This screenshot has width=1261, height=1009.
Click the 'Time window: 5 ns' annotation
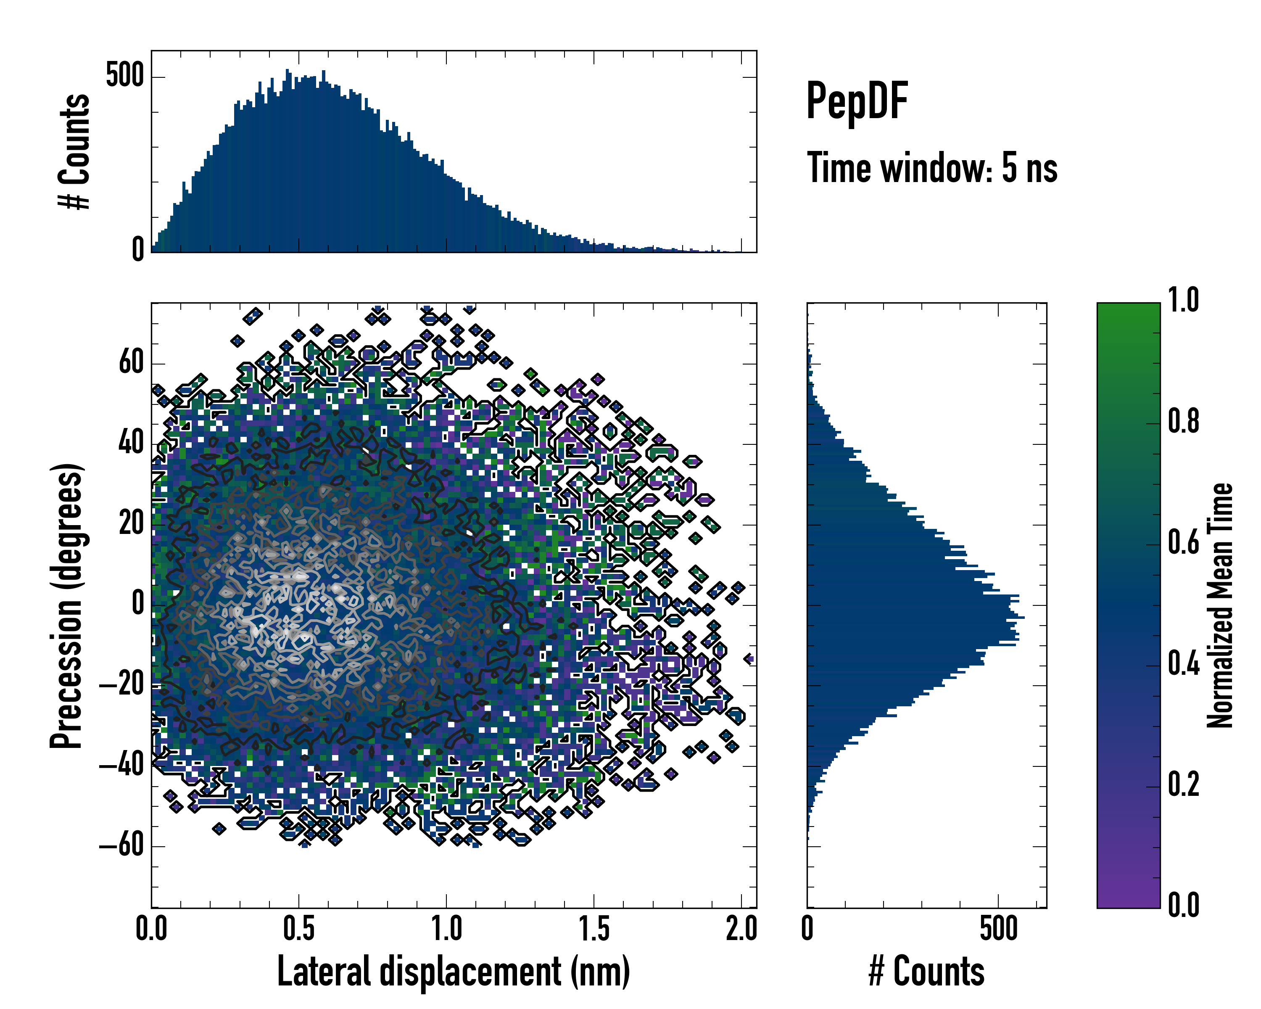click(x=932, y=168)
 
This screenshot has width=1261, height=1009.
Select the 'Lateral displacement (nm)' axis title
click(x=453, y=972)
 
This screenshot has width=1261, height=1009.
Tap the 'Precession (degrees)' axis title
click(x=66, y=606)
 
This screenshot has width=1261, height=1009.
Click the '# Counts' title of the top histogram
click(x=75, y=151)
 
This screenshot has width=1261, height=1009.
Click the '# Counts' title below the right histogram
click(x=926, y=972)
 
